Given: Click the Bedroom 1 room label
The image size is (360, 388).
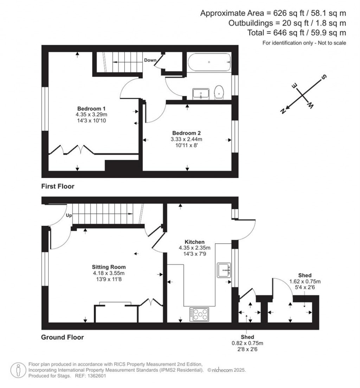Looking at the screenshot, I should (91, 108).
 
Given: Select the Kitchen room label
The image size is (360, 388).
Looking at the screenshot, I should (194, 242).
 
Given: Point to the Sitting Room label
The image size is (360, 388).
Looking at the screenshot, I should (109, 267).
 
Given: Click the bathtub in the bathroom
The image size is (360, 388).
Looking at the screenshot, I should (209, 62).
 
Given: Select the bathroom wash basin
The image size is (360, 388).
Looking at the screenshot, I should (201, 94).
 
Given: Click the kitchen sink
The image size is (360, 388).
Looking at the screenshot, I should (224, 270).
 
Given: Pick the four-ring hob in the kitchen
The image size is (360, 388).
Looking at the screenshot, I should (199, 314).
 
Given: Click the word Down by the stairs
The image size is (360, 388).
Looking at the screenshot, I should (150, 60).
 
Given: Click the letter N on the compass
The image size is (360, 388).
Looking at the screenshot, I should (283, 111).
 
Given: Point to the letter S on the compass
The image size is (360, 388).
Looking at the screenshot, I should (324, 77).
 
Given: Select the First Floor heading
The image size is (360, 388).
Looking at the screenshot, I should (58, 186).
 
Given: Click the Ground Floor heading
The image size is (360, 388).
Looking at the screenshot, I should (63, 337).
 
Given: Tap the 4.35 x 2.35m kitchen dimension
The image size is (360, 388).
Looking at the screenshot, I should (194, 247).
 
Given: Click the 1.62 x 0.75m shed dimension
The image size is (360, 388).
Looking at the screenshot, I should (305, 281).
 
